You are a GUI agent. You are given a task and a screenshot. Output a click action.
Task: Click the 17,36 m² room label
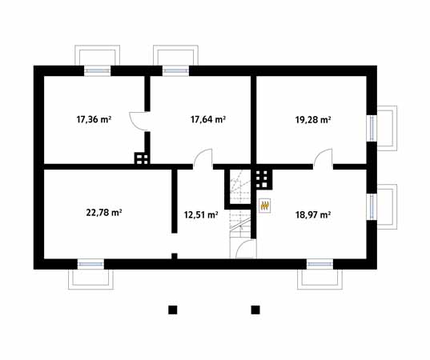coord(94,120)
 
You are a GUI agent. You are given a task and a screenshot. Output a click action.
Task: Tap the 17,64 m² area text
coord(207,120)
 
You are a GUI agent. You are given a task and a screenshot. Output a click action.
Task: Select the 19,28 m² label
coord(313,120)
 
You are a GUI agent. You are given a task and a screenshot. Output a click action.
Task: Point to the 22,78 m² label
coord(103,213)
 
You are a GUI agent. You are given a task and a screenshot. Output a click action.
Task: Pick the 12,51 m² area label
coord(201,214)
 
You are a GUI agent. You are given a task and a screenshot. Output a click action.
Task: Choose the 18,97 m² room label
coord(313,214)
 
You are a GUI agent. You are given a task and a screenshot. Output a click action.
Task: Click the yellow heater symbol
coord(264,206)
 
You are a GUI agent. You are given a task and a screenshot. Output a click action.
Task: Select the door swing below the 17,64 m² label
coord(203,158)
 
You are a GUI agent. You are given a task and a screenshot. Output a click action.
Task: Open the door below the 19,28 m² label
coord(324,158)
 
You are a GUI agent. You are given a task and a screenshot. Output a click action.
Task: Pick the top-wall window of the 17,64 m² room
coord(175,70)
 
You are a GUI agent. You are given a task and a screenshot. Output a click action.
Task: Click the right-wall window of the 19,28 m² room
coord(372,127)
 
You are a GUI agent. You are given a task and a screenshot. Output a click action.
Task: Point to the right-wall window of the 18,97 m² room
coord(372,206)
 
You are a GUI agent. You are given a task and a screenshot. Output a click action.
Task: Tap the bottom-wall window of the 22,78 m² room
coord(90,263)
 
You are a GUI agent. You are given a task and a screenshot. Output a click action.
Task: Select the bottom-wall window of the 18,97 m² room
coord(319,263)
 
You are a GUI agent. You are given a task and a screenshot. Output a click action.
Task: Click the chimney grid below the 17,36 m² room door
coord(141,158)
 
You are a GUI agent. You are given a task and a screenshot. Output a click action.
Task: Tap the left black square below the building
coord(172,309)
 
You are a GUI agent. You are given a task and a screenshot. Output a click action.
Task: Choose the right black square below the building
coord(255,309)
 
